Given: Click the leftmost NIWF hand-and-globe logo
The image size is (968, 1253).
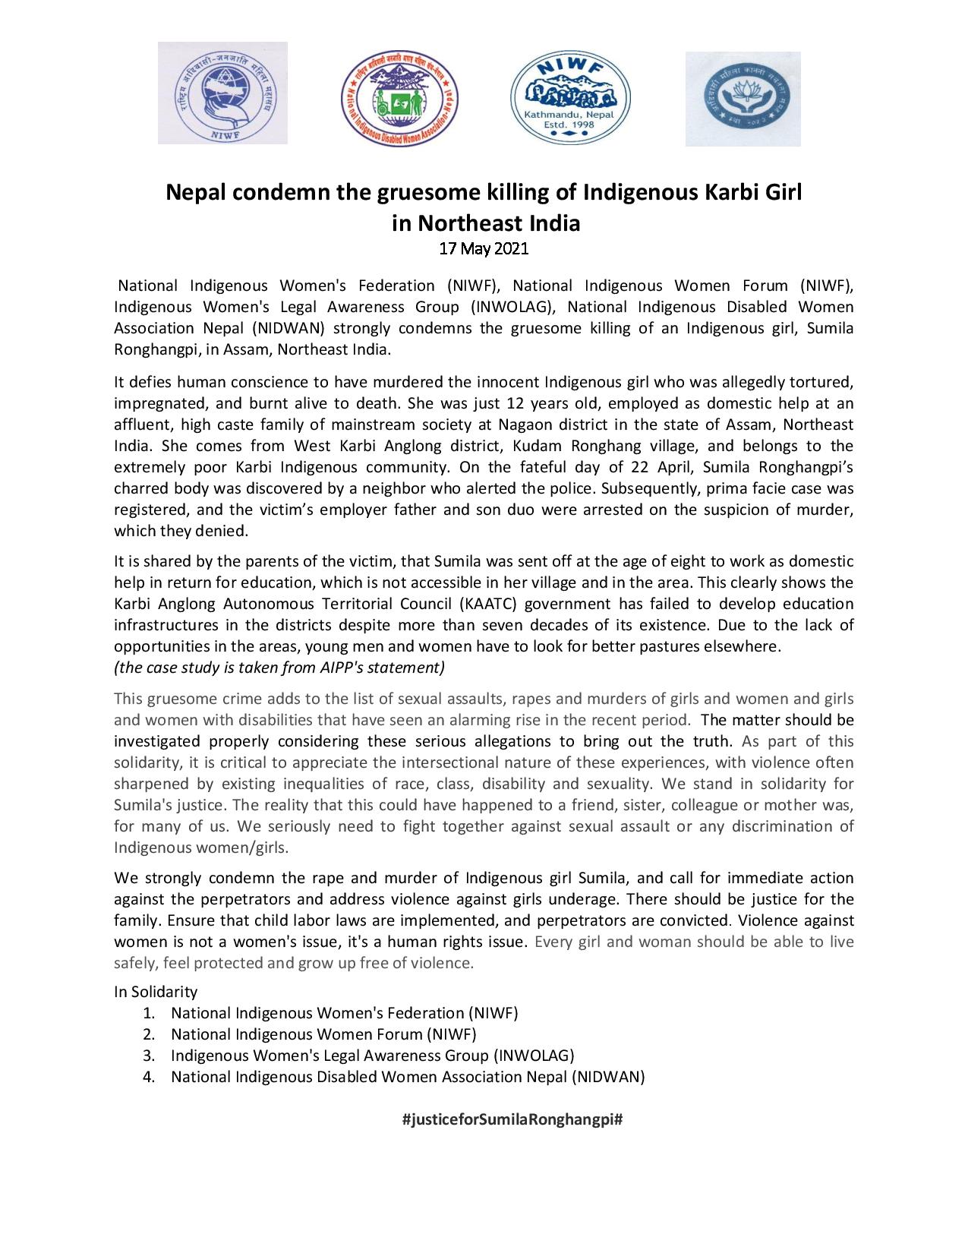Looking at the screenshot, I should (222, 93).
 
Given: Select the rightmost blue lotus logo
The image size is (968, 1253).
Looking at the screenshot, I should (743, 99).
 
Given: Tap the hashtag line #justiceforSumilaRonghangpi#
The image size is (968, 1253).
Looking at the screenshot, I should (512, 1119).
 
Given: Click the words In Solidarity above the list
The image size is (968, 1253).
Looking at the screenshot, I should (156, 992).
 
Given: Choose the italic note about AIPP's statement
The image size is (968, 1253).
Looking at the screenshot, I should (279, 668).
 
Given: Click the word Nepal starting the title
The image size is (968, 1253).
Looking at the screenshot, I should (193, 193).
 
